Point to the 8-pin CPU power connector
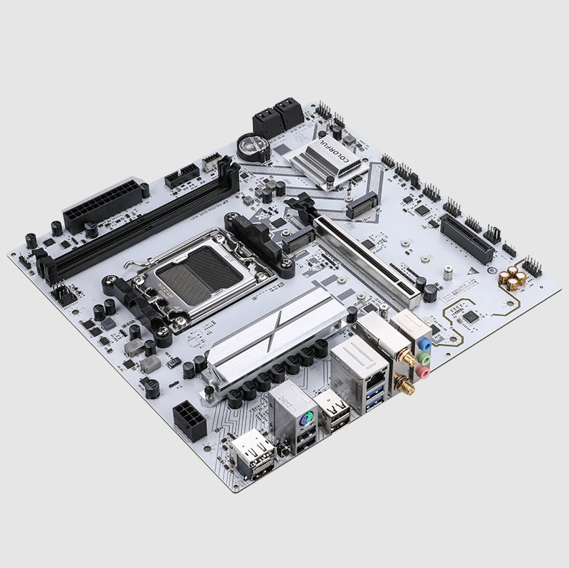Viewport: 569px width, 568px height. tap(189, 420)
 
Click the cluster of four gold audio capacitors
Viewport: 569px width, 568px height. tap(514, 279)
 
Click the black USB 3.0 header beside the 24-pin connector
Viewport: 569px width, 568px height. tap(181, 175)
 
